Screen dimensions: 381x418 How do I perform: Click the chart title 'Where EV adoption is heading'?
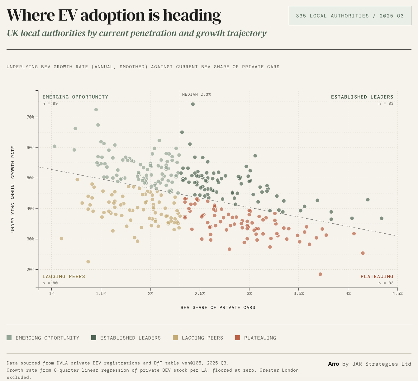click(114, 15)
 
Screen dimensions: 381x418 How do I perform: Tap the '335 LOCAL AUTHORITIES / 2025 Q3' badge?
click(350, 16)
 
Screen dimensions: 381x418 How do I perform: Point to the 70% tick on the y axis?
click(30, 117)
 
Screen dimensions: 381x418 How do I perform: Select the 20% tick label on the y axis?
click(30, 269)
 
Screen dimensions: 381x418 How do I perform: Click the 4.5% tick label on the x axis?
click(397, 293)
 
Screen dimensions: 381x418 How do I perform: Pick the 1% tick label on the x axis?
click(52, 293)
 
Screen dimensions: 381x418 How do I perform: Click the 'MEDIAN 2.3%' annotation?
click(196, 94)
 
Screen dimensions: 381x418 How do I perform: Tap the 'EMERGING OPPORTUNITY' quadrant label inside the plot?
click(75, 97)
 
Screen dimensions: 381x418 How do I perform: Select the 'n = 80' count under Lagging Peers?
click(50, 283)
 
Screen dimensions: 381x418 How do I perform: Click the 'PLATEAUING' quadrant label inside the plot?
click(377, 277)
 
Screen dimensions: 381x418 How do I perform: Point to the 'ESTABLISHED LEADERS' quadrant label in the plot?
click(362, 97)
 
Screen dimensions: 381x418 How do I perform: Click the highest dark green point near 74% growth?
click(193, 104)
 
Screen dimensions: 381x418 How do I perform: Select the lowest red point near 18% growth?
click(320, 274)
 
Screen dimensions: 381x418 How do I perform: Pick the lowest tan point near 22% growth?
click(88, 262)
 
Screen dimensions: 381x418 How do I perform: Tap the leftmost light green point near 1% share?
click(55, 146)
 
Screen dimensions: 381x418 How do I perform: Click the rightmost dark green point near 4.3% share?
click(382, 218)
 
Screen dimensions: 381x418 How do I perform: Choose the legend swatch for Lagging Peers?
click(175, 338)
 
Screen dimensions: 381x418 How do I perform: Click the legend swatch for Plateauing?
click(238, 338)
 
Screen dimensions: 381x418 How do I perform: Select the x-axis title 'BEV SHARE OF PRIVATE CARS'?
click(218, 307)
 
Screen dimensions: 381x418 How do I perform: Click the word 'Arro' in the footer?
click(333, 364)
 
